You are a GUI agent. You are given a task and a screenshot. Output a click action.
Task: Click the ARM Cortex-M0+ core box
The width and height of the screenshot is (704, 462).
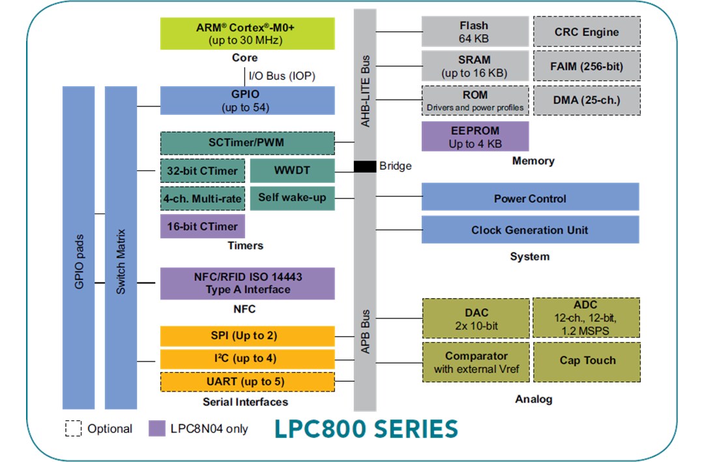tap(247, 34)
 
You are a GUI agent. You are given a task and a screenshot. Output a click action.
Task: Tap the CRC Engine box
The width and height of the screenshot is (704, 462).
tap(587, 32)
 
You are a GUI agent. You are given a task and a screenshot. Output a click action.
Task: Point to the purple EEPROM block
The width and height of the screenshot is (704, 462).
tap(475, 136)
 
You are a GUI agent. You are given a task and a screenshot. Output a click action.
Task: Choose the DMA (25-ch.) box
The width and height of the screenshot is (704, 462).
tap(587, 100)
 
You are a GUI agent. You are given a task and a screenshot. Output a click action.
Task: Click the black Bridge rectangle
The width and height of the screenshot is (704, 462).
tap(365, 166)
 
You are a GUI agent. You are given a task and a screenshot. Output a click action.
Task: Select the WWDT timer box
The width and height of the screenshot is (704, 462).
tap(292, 170)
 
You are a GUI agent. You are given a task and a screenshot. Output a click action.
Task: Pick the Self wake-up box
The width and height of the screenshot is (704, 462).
tap(292, 198)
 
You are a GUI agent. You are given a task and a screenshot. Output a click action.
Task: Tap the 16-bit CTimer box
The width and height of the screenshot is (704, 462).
tap(203, 226)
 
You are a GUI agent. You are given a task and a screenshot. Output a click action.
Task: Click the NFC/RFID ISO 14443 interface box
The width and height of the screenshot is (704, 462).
tap(247, 283)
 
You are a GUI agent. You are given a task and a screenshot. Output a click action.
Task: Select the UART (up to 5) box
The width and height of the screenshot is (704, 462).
tap(247, 381)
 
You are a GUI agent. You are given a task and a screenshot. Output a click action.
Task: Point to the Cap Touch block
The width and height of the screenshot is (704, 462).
tap(587, 360)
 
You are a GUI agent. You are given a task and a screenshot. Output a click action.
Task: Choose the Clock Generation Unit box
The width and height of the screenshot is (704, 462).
tap(529, 230)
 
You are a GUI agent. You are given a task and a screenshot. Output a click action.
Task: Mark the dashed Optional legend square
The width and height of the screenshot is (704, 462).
tap(73, 428)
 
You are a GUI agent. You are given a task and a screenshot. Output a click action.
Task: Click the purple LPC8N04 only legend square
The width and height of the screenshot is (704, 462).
tap(156, 428)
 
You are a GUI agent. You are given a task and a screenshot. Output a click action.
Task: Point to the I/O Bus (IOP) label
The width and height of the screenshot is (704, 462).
tap(282, 76)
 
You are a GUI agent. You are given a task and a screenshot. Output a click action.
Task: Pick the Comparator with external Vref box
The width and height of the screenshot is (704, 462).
tap(476, 363)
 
